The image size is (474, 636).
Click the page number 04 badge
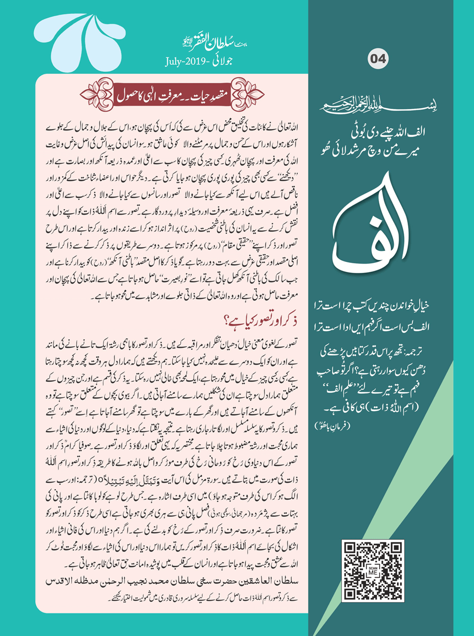point(378,59)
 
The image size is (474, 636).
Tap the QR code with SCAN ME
point(373,571)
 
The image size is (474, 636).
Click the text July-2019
point(188,61)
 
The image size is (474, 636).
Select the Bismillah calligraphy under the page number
point(378,105)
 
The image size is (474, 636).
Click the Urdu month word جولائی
point(224,61)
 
